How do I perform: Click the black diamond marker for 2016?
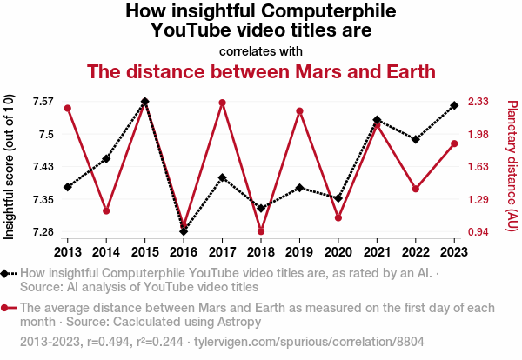[x=184, y=231]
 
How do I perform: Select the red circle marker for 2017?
[x=223, y=103]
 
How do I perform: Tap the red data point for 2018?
[x=261, y=231]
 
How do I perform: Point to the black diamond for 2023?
[x=454, y=105]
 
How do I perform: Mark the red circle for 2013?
[x=68, y=108]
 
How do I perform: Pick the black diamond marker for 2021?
[x=377, y=120]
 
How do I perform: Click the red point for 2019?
[x=299, y=111]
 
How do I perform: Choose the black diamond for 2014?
[x=106, y=158]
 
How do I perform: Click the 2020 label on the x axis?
[x=338, y=251]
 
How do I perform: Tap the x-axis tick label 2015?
[x=145, y=251]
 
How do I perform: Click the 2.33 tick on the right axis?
[x=480, y=102]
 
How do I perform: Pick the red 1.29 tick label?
[x=480, y=200]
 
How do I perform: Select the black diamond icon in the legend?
[x=7, y=273]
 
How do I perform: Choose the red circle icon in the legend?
[x=7, y=308]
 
